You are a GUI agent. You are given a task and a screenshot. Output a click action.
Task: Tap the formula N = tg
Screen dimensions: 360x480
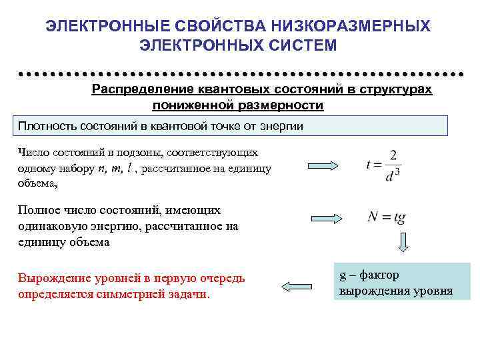coord(387,217)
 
